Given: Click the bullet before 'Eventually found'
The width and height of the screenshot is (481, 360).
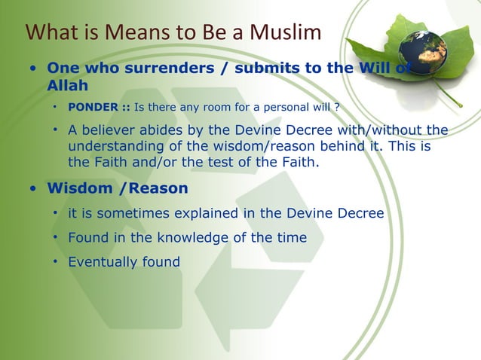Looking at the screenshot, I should [x=56, y=262].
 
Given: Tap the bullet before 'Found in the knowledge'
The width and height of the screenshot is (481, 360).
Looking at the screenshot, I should [x=56, y=238].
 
